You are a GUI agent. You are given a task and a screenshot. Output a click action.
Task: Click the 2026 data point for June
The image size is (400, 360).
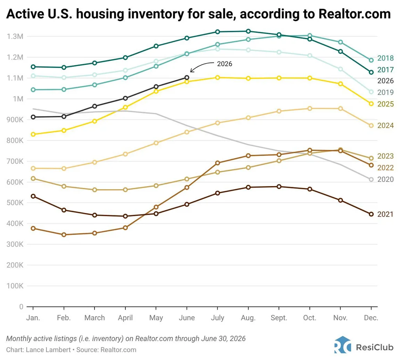pyautogui.click(x=187, y=77)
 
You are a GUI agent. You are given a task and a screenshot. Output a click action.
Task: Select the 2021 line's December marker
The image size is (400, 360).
pyautogui.click(x=371, y=214)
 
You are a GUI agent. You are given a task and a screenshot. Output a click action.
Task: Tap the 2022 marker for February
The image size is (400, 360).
pyautogui.click(x=64, y=235)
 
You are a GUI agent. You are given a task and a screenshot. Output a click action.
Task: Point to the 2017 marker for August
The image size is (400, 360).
pyautogui.click(x=248, y=31)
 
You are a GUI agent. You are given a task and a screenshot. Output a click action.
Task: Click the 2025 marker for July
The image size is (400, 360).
pyautogui.click(x=218, y=77)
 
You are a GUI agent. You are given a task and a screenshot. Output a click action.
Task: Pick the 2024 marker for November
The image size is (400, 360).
pyautogui.click(x=340, y=109)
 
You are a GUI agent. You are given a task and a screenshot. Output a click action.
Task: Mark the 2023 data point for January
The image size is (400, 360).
pyautogui.click(x=33, y=179)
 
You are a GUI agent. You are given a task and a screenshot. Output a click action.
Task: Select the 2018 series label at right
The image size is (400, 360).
pyautogui.click(x=386, y=58)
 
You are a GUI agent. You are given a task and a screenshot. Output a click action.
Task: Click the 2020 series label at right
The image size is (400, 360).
pyautogui.click(x=386, y=179)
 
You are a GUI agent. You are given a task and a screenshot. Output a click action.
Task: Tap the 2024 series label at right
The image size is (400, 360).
pyautogui.click(x=386, y=125)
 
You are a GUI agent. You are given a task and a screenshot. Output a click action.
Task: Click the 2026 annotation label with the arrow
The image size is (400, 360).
pyautogui.click(x=225, y=64)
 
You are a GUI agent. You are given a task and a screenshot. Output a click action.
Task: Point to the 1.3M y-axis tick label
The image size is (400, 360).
pyautogui.click(x=15, y=36)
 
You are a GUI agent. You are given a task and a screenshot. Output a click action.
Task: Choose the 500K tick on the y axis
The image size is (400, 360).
pyautogui.click(x=15, y=203)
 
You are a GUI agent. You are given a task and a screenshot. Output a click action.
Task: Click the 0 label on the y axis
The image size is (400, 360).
pyautogui.click(x=21, y=306)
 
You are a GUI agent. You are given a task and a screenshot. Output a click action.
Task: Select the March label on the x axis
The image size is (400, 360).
pyautogui.click(x=95, y=318)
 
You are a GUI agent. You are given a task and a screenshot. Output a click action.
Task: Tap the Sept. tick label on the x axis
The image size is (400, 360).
pyautogui.click(x=279, y=318)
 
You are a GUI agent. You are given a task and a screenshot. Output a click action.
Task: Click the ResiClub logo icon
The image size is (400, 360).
pyautogui.click(x=342, y=345)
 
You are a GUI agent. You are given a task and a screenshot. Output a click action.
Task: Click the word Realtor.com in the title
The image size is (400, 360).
pyautogui.click(x=355, y=14)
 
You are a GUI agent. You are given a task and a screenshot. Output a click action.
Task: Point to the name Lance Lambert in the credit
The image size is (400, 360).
pyautogui.click(x=48, y=349)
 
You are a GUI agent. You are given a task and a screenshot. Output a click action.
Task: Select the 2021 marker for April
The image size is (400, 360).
pyautogui.click(x=125, y=216)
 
